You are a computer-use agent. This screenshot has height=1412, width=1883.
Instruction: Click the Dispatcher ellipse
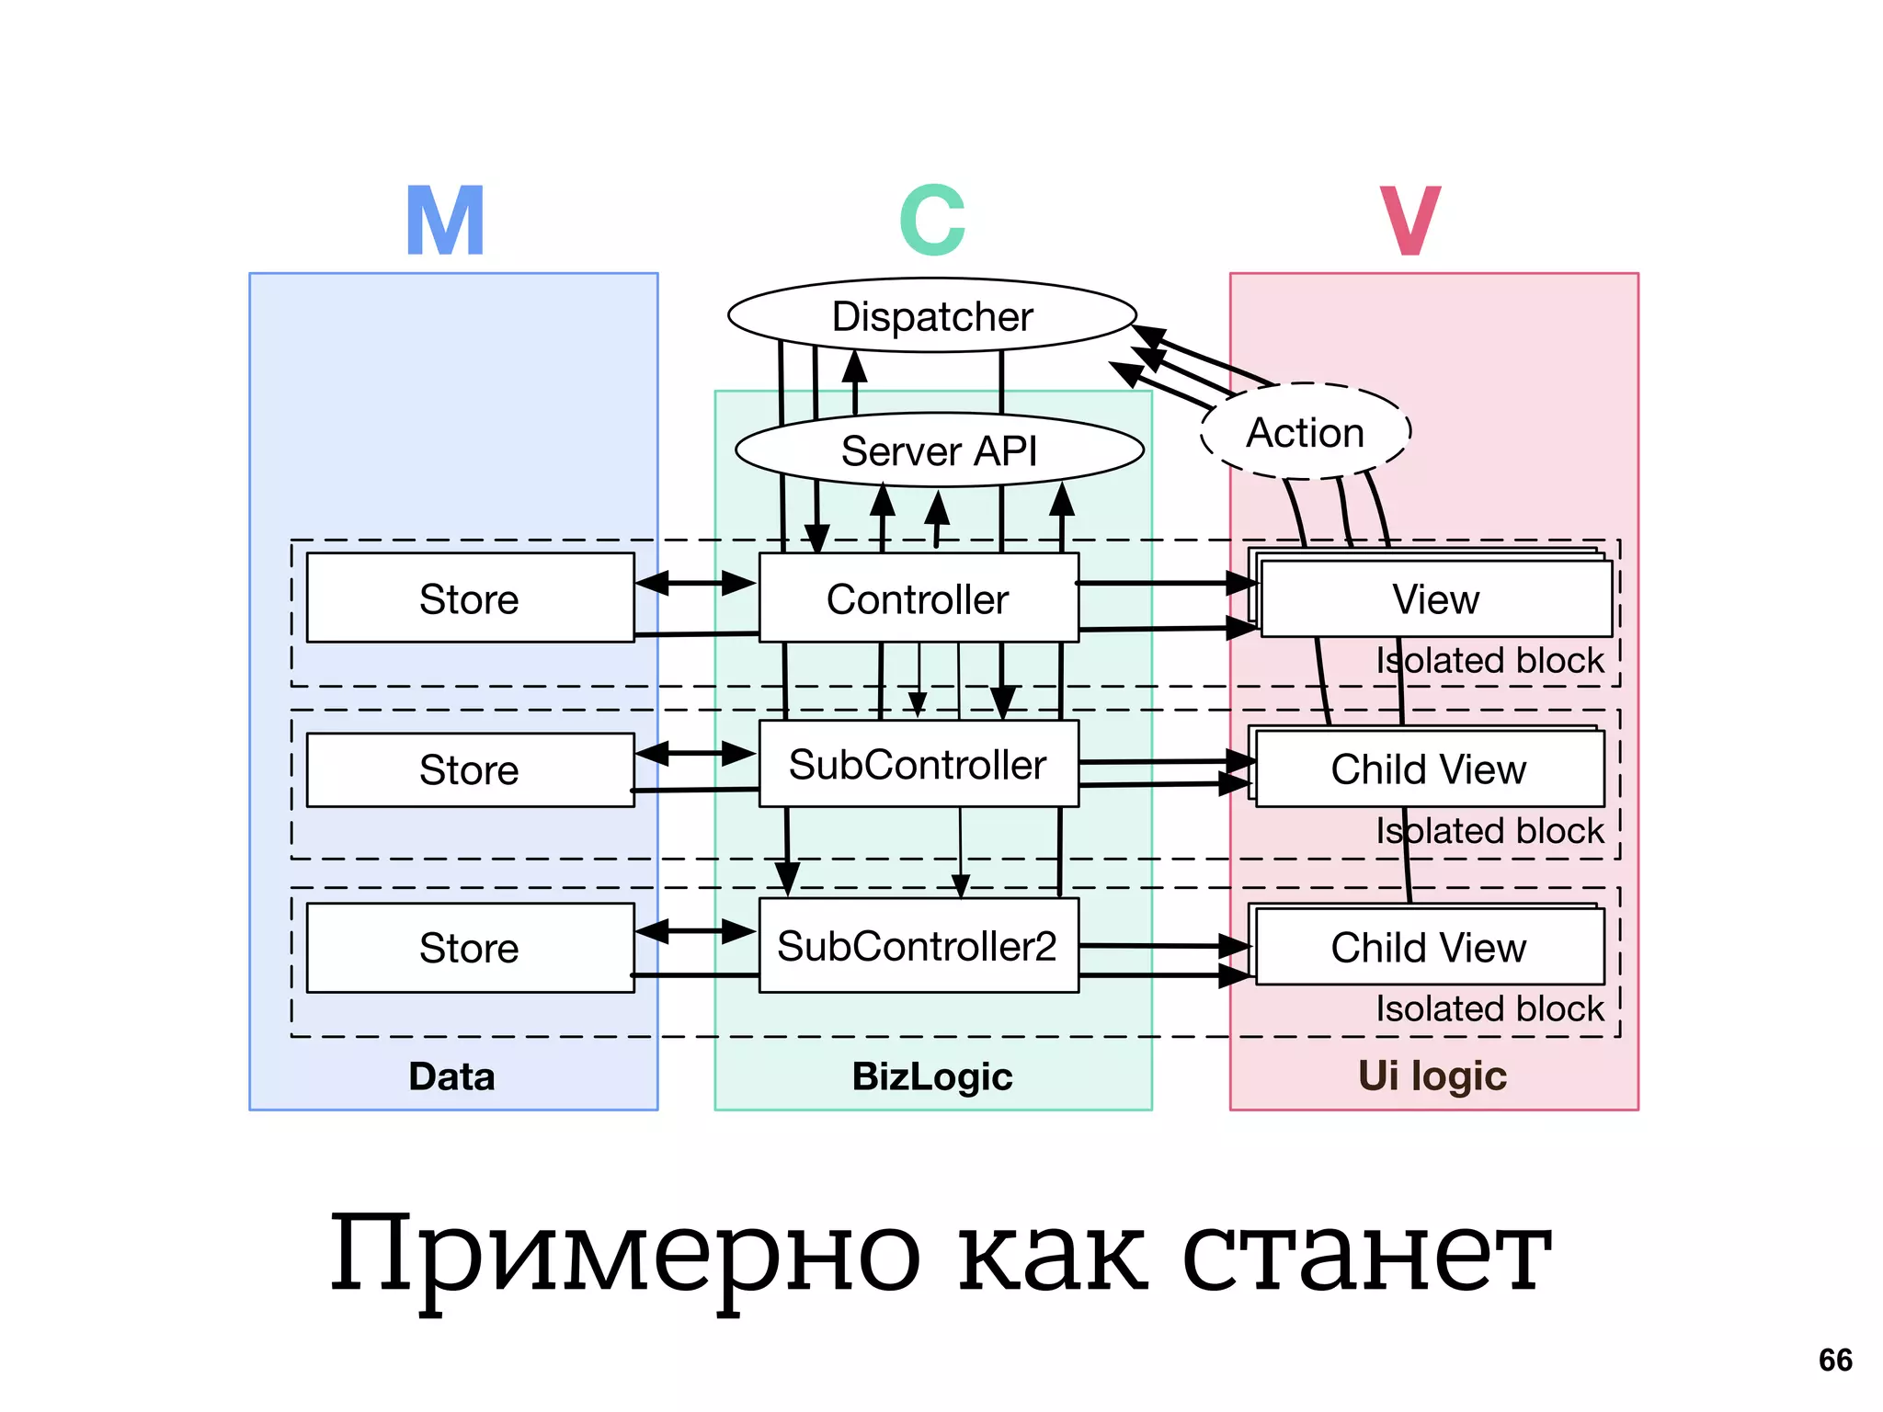tap(931, 315)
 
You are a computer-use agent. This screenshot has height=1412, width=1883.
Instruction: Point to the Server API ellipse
tap(939, 450)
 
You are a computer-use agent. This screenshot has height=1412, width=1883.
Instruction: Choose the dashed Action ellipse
tap(1305, 432)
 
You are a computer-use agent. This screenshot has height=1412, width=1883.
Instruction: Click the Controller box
tap(918, 598)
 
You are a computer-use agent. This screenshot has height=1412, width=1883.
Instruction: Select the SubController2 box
tap(918, 946)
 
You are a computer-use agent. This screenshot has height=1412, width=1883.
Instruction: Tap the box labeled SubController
tap(918, 764)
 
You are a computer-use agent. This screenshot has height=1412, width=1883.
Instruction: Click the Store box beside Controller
tap(469, 598)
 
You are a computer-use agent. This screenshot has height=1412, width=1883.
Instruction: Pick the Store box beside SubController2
tap(469, 948)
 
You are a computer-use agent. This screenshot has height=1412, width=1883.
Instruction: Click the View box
tap(1435, 599)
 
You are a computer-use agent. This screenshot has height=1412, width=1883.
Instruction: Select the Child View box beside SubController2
tap(1429, 948)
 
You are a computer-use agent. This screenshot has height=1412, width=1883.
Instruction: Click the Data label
tap(451, 1076)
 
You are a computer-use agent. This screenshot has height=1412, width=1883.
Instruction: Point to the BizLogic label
tap(932, 1076)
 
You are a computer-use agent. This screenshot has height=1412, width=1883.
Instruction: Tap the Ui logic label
tap(1432, 1076)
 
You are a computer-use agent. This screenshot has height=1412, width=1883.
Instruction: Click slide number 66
tap(1835, 1360)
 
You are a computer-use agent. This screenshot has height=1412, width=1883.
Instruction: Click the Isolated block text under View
tap(1489, 660)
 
